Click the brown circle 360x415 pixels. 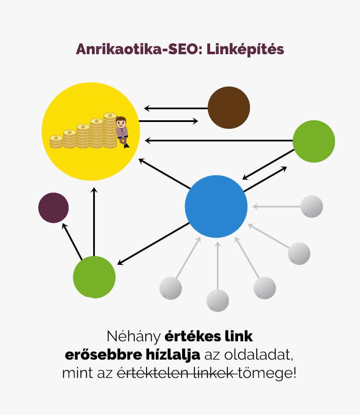229,108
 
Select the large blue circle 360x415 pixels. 216,206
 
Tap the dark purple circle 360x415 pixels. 53,207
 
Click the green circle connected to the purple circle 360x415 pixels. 94,277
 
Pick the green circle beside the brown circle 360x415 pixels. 314,141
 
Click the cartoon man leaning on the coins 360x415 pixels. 122,131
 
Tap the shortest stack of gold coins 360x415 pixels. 56,141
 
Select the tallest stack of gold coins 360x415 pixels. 110,130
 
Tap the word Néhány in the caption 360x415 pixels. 133,337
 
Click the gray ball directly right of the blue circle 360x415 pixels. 312,206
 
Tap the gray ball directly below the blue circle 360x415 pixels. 218,300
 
